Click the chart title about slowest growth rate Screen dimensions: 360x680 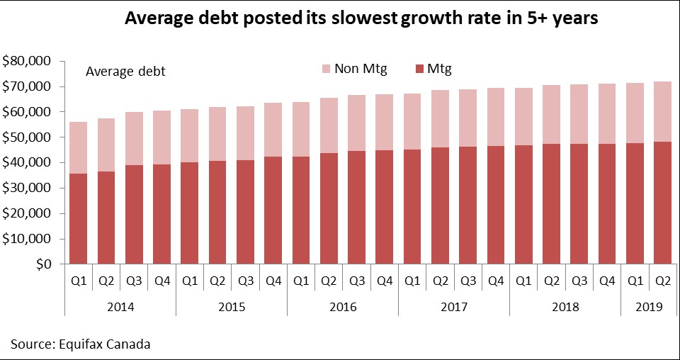361,19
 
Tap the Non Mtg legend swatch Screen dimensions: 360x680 326,69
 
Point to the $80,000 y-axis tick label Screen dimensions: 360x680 28,62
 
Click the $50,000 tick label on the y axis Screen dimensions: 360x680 28,137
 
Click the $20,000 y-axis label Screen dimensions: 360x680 28,213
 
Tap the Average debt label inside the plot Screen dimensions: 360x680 125,71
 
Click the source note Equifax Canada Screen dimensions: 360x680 80,344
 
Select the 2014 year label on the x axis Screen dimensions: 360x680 120,307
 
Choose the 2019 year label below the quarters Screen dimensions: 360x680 649,307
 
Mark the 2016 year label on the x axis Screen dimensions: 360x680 343,307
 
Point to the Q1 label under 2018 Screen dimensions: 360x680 523,280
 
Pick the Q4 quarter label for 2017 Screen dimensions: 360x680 496,280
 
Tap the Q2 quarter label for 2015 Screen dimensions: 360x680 217,280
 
